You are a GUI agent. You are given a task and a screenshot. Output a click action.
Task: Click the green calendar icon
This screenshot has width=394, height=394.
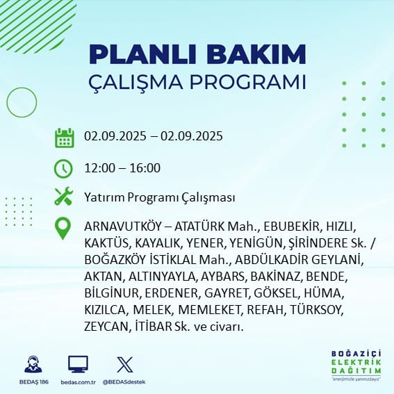(x=65, y=138)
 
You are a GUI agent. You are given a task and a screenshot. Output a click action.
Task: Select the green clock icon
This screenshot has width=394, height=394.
(x=63, y=169)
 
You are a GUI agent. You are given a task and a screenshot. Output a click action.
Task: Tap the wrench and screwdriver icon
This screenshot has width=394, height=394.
(x=64, y=196)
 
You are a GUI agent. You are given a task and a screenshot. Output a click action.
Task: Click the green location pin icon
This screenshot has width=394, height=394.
(x=63, y=228)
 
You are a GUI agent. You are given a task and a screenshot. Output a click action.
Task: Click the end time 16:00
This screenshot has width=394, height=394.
(x=145, y=168)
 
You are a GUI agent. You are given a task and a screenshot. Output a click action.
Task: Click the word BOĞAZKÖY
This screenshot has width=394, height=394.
(x=115, y=260)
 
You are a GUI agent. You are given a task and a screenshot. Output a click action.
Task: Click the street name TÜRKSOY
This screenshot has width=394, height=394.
(x=316, y=310)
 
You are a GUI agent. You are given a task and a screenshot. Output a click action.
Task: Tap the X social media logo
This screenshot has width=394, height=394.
(x=125, y=365)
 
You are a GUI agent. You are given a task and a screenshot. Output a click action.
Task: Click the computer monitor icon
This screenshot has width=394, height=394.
(x=78, y=364)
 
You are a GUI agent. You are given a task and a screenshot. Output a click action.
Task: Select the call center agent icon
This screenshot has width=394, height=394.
(x=33, y=364)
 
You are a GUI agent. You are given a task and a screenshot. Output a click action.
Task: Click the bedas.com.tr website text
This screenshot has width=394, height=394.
(x=78, y=382)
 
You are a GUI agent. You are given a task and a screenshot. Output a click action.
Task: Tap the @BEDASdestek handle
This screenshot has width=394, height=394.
(x=124, y=382)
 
